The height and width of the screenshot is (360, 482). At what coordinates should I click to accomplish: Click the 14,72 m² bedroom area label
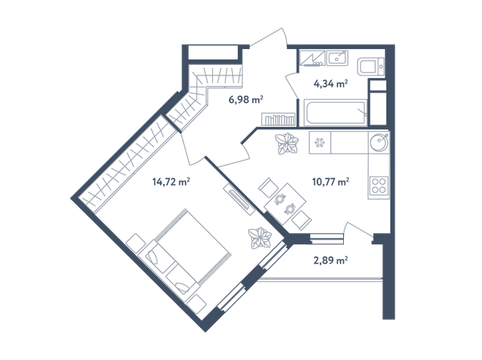click(171, 182)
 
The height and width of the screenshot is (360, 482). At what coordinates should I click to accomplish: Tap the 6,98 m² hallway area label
click(246, 100)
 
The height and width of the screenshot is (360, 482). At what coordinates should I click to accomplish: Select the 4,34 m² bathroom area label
click(330, 84)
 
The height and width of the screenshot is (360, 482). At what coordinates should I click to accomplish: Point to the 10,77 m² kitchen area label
click(330, 182)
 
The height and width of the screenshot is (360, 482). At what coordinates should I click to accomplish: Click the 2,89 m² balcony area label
click(330, 260)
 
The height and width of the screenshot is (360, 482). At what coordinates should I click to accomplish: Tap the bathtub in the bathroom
click(335, 112)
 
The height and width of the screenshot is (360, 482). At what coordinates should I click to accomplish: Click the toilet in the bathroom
click(370, 67)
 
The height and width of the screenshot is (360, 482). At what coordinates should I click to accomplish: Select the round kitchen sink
click(379, 143)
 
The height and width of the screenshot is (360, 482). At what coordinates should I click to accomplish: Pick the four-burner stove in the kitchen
click(378, 186)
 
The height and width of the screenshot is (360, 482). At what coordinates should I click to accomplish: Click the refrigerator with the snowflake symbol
click(320, 142)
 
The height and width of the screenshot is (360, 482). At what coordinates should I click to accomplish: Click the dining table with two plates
click(285, 203)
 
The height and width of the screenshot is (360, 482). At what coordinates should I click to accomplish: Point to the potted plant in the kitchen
click(287, 144)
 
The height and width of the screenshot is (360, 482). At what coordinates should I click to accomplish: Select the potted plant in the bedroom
click(260, 238)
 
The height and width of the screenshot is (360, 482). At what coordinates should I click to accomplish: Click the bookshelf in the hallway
click(279, 119)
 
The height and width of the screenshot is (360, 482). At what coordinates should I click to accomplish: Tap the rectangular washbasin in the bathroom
click(337, 58)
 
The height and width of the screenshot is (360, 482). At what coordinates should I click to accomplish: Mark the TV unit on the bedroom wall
click(239, 199)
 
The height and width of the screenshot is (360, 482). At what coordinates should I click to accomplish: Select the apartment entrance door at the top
click(269, 38)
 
